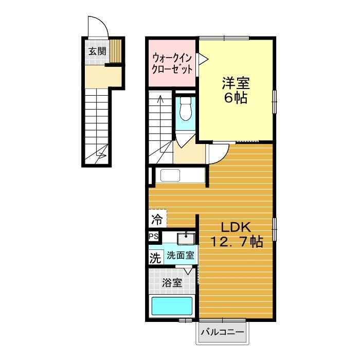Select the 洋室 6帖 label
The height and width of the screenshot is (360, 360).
click(235, 90)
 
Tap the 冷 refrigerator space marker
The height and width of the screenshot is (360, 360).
click(157, 220)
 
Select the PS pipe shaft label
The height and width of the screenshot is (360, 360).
click(153, 237)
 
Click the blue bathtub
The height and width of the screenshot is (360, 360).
click(172, 307)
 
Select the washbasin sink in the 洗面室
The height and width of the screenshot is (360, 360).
click(185, 238)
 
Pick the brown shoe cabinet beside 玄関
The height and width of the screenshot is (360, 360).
click(117, 51)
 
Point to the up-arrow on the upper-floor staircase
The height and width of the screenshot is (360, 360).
click(161, 101)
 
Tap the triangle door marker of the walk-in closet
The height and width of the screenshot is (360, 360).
click(202, 60)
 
